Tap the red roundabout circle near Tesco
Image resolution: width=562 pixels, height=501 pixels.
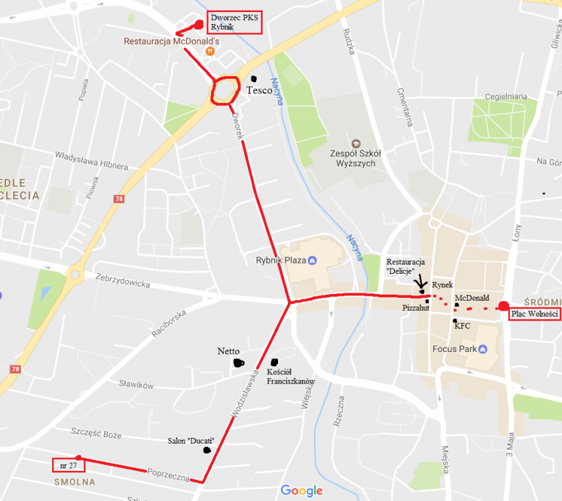(x=226, y=90)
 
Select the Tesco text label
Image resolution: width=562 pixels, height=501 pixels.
(x=259, y=90)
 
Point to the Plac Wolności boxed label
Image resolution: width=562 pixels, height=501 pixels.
(x=534, y=314)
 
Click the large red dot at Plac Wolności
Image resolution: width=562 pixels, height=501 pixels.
(x=504, y=307)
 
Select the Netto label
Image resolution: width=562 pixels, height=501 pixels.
(x=229, y=351)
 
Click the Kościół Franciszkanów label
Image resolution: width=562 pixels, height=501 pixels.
(x=290, y=376)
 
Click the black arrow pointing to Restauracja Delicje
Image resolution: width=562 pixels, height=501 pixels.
(x=421, y=283)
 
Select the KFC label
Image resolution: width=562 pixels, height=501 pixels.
(x=463, y=326)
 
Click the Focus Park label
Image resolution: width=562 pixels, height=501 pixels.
(x=454, y=349)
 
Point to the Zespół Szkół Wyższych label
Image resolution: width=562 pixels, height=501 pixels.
(x=356, y=158)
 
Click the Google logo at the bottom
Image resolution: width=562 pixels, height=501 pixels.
(x=301, y=491)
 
